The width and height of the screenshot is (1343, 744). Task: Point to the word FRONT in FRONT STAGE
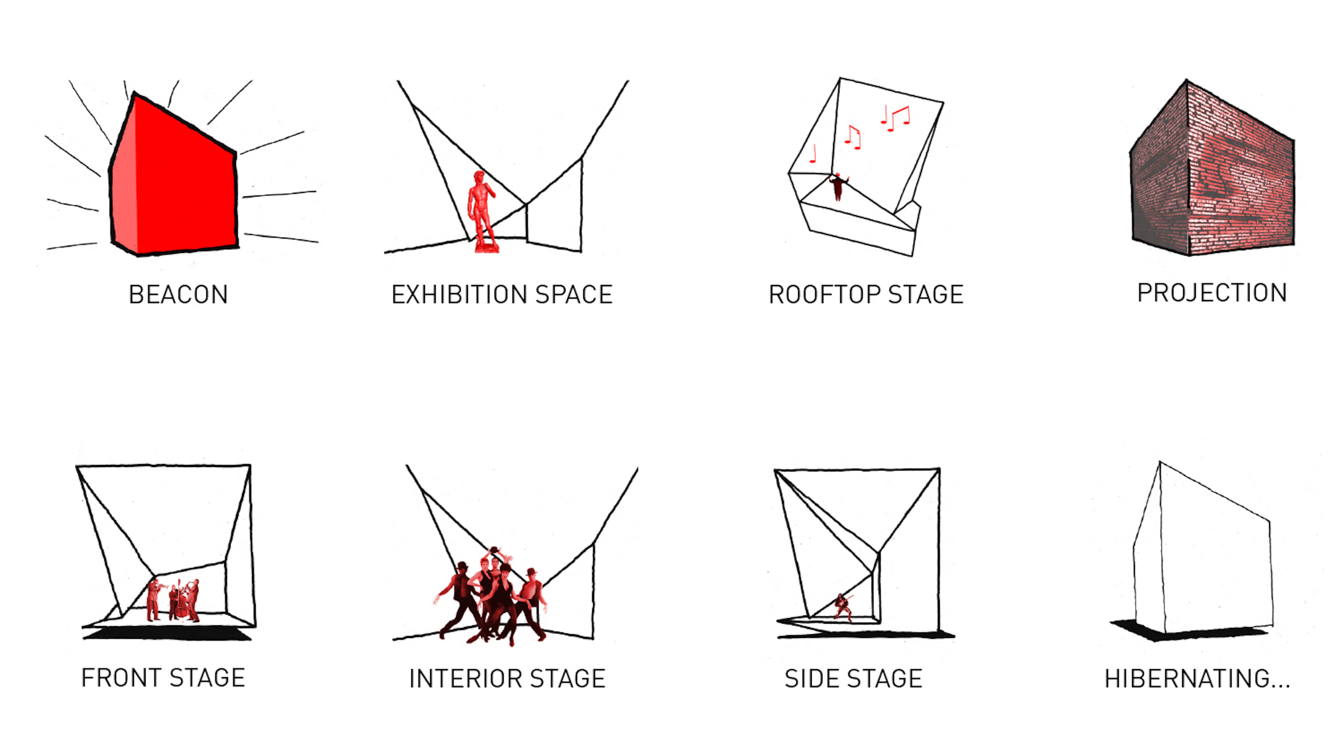121,678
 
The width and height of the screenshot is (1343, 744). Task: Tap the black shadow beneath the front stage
167,633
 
